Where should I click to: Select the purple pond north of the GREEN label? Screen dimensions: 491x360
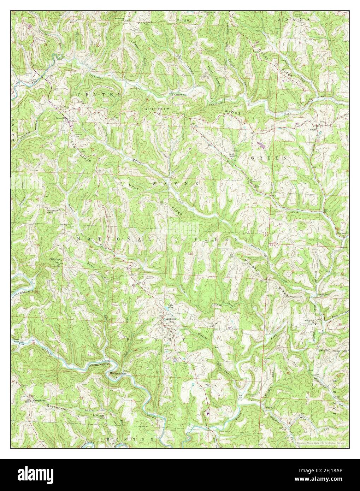point(261,144)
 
